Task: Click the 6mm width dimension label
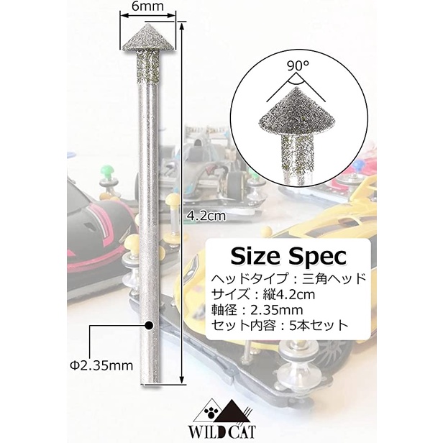[x=147, y=6]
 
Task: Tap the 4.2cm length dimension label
[x=206, y=216]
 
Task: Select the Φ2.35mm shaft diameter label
[x=101, y=366]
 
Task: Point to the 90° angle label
[x=298, y=67]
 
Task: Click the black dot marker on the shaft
[x=149, y=326]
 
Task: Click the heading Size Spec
[x=288, y=256]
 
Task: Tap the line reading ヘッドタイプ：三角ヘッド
[x=289, y=279]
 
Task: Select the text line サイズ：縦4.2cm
[x=263, y=295]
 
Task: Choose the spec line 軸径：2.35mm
[x=257, y=310]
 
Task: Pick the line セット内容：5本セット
[x=280, y=326]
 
